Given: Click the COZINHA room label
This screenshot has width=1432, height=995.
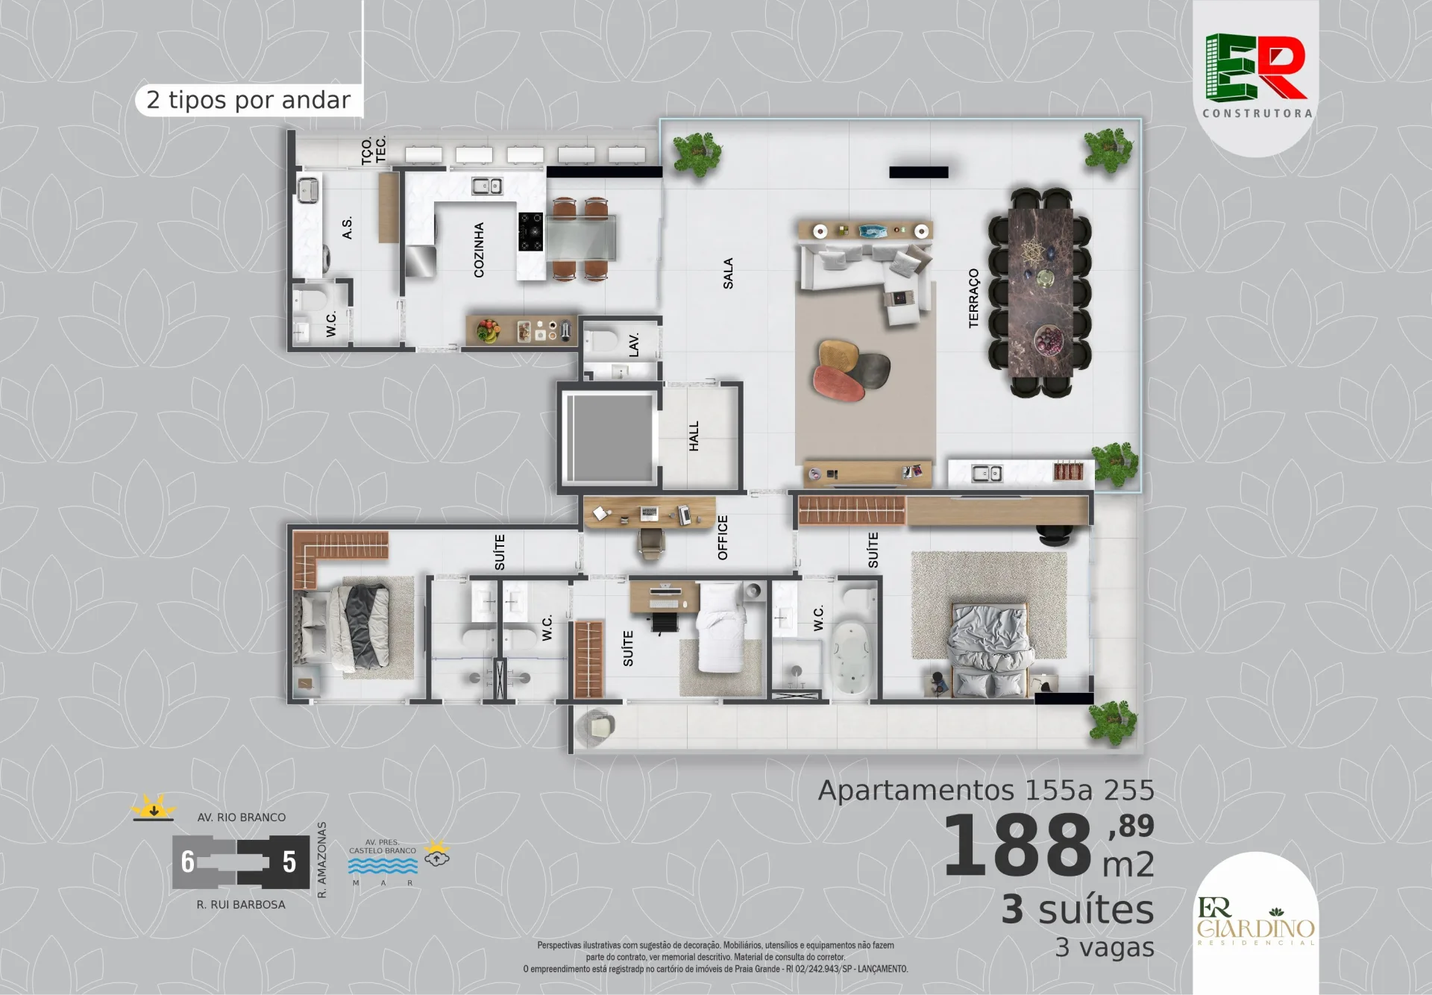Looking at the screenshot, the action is [479, 250].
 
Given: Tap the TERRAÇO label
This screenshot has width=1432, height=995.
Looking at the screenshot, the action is [973, 298].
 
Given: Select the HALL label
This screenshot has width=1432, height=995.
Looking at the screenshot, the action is [694, 436].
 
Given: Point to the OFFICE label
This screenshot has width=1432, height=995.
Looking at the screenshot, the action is [722, 537].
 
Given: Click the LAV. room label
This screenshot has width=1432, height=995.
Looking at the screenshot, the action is [634, 345].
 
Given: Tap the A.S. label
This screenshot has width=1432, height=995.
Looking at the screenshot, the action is [347, 228].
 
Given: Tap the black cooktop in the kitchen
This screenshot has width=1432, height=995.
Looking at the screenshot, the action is [531, 232].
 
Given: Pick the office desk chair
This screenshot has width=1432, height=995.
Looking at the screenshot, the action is [652, 543].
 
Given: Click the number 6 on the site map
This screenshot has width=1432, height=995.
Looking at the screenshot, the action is [188, 861].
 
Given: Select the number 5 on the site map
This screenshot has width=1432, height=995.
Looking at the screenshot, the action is [289, 861].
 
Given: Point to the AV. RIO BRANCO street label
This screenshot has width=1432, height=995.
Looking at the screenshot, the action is [242, 817].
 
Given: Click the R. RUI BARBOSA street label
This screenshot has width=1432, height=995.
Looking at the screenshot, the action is [241, 905].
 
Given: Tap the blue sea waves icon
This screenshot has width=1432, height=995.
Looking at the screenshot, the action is [383, 865].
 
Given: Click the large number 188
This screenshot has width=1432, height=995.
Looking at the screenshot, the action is [1018, 846].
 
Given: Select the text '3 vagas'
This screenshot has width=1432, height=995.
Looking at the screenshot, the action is [1105, 947].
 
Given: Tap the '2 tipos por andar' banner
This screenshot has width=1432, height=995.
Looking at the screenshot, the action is [249, 100].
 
